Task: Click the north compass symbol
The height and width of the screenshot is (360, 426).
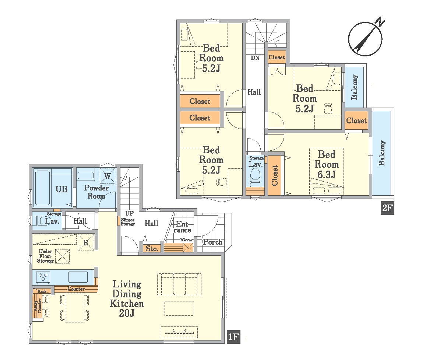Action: [x=366, y=38]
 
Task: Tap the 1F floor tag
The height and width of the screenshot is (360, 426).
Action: [x=233, y=337]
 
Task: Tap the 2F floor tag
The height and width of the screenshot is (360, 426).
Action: [x=387, y=208]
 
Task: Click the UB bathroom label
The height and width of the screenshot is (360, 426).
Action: [x=61, y=189]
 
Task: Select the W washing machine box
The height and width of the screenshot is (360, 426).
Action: [x=108, y=176]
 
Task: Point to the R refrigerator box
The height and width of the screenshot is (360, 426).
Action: [x=86, y=242]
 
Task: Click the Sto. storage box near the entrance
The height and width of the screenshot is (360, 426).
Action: [x=152, y=248]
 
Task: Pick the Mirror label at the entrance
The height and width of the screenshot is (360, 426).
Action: [x=186, y=240]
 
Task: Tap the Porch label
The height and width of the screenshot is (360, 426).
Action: [x=213, y=242]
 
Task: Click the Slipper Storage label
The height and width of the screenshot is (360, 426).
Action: [x=128, y=222]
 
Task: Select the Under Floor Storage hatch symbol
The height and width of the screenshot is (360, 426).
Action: [x=63, y=256]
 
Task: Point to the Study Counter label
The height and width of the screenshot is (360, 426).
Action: [x=38, y=305]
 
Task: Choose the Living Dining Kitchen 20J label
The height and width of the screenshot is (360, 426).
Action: [x=127, y=298]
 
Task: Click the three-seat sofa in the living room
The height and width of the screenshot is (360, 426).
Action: [x=179, y=284]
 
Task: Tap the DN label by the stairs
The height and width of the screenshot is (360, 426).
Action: [x=255, y=57]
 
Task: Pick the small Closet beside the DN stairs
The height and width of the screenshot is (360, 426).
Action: [x=277, y=57]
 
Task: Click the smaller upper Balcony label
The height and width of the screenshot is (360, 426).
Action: [x=354, y=87]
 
